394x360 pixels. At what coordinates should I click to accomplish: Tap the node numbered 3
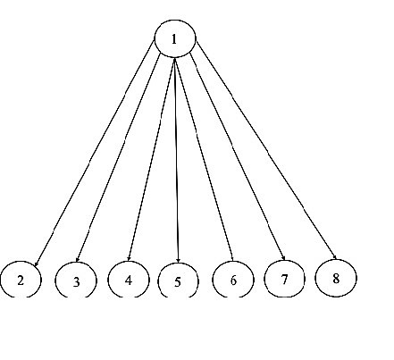76,280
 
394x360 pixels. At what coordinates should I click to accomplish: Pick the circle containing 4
128,279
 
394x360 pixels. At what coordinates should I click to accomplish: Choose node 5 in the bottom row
177,281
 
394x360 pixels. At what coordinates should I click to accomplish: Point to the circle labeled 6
232,280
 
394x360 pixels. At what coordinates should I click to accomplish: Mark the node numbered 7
284,279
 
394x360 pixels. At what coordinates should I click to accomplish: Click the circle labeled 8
336,277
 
